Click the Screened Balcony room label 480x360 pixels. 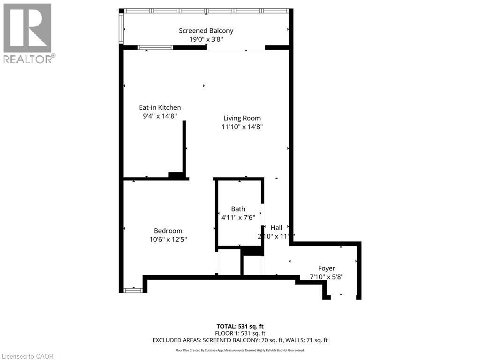[206, 31]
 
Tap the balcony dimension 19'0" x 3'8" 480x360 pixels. [206, 40]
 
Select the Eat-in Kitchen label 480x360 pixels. [160, 107]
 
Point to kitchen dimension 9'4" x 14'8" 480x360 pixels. [160, 116]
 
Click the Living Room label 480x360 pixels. [242, 118]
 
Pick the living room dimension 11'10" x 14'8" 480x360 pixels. [242, 127]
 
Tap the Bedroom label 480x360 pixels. [168, 231]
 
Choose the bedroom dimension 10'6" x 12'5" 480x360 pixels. [168, 240]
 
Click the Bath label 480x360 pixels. [238, 209]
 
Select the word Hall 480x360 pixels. [277, 228]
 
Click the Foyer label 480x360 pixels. [327, 268]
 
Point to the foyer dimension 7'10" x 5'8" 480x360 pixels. [327, 277]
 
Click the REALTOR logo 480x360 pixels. [28, 33]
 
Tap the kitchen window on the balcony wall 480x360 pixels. [155, 47]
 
